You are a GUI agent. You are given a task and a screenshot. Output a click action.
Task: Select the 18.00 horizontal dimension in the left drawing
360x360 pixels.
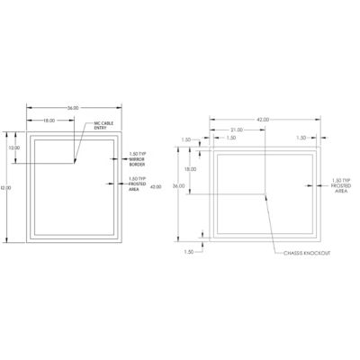pyautogui.click(x=49, y=121)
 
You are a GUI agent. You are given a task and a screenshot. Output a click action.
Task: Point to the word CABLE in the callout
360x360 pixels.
pyautogui.click(x=103, y=123)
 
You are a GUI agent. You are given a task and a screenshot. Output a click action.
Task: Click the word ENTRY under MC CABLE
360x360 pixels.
pyautogui.click(x=99, y=128)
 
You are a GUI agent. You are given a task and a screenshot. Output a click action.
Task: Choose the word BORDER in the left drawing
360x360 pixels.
pyautogui.click(x=136, y=164)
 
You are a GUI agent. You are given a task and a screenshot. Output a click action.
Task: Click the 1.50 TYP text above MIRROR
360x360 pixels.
pyautogui.click(x=137, y=154)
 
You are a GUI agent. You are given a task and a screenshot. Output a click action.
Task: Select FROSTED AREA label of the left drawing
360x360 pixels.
pyautogui.click(x=137, y=184)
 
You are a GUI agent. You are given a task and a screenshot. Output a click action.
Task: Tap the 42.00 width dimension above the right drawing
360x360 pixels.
pyautogui.click(x=263, y=119)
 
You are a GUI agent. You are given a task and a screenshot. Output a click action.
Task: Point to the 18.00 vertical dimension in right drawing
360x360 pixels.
pyautogui.click(x=190, y=168)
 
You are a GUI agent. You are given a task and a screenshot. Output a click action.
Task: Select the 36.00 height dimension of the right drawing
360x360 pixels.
pyautogui.click(x=178, y=186)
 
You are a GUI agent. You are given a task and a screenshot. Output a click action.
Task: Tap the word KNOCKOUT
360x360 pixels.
pyautogui.click(x=317, y=254)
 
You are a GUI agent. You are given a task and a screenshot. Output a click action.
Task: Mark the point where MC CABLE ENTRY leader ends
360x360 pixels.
pyautogui.click(x=75, y=163)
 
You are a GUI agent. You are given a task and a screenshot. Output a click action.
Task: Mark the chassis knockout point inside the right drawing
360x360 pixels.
pyautogui.click(x=265, y=193)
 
